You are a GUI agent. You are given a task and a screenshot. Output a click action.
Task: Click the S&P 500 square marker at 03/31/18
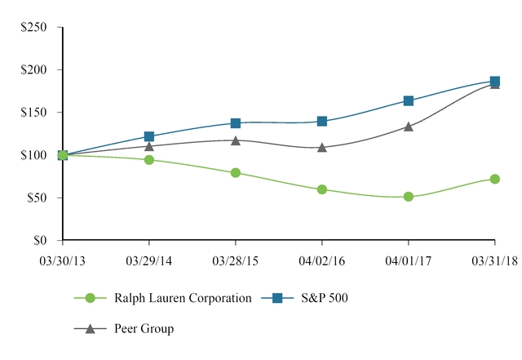click(494, 82)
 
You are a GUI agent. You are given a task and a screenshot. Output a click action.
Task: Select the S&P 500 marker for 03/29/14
click(149, 136)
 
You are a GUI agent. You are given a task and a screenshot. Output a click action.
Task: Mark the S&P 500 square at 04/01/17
click(409, 101)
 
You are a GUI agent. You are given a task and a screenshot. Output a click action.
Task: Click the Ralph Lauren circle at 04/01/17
click(409, 197)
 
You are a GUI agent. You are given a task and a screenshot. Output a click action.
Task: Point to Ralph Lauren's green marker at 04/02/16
click(322, 189)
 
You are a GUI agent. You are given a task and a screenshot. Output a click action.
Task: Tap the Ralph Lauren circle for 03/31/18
click(494, 179)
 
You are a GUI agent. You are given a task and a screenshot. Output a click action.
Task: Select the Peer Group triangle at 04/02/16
click(322, 148)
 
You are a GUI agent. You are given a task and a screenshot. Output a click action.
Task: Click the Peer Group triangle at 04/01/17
click(409, 127)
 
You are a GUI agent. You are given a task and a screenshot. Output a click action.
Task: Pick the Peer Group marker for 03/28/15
click(236, 140)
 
